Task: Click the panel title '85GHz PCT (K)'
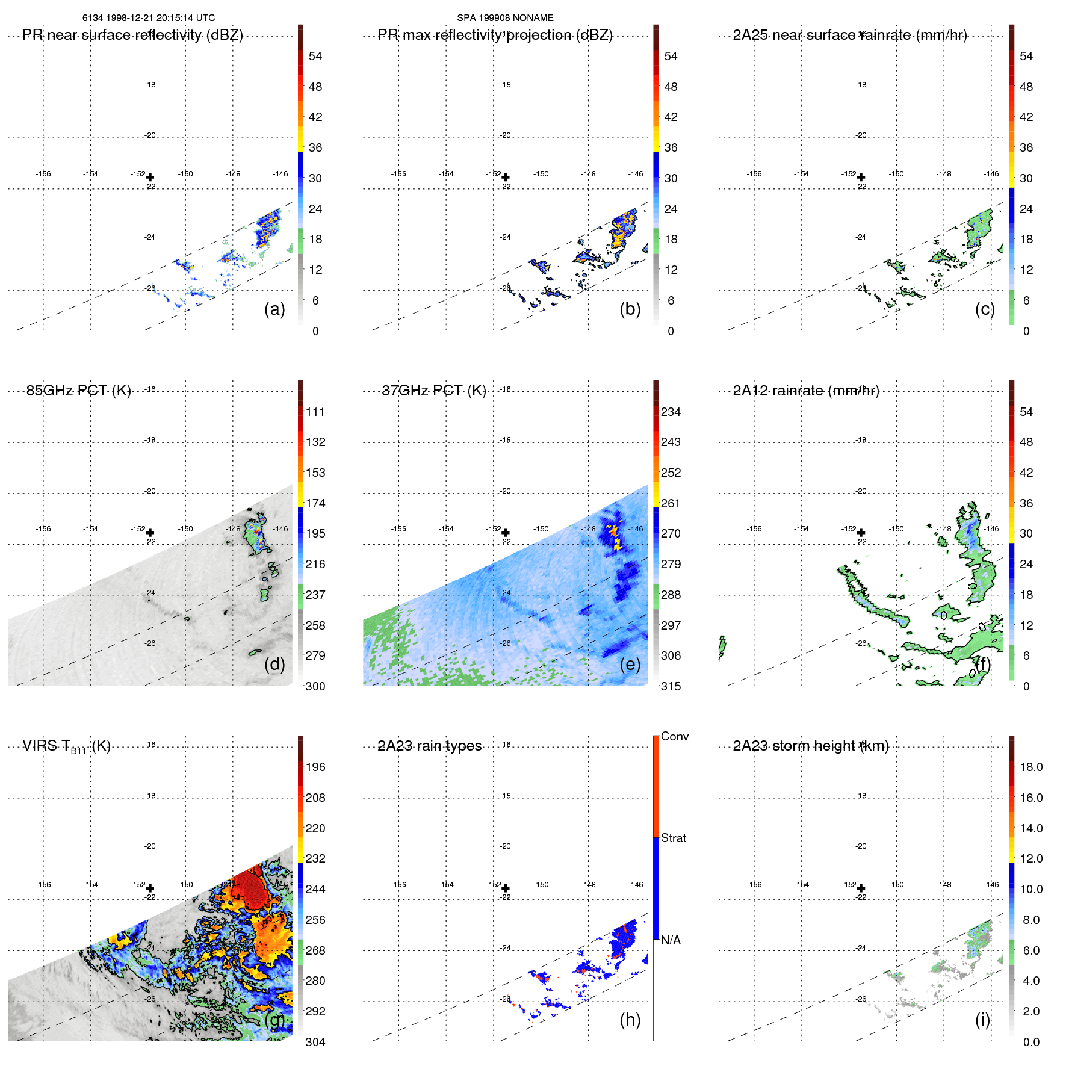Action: pos(78,391)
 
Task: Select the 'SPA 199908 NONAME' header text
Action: pos(505,18)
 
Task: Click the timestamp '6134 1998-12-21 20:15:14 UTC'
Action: pos(149,18)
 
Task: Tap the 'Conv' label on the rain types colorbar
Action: pos(674,736)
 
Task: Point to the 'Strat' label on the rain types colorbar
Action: pos(673,838)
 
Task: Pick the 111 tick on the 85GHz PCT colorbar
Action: pos(315,412)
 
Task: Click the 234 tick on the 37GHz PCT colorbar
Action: pos(671,412)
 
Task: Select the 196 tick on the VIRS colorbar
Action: pos(315,767)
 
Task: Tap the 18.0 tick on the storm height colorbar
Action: pos(1030,767)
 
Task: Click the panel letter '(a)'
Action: pos(274,309)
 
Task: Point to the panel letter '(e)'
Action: pos(630,664)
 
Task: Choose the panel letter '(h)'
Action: pos(630,1020)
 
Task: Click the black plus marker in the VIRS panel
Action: pos(150,888)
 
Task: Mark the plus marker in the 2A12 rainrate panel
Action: pos(861,533)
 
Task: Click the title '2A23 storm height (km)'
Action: pos(810,746)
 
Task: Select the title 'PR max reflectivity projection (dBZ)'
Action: pos(495,35)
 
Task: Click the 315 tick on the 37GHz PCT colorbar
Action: pos(671,686)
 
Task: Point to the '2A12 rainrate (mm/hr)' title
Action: pos(805,391)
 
